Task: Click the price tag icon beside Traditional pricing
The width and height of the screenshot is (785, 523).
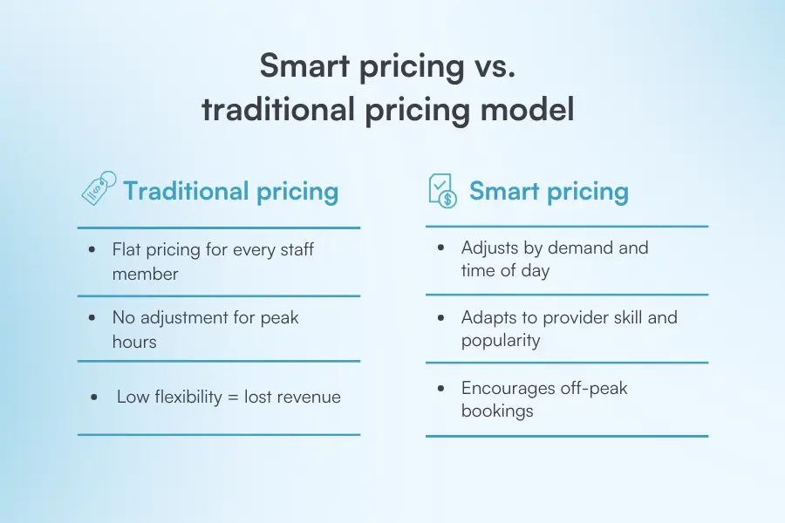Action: click(x=98, y=188)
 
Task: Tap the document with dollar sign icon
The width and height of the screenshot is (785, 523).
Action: click(x=443, y=190)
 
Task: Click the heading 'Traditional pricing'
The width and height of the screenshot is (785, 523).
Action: click(x=230, y=191)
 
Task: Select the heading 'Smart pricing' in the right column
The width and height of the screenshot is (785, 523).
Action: click(x=549, y=191)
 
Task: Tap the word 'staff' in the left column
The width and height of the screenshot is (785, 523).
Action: click(x=294, y=249)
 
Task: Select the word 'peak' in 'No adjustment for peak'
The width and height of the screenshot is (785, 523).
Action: click(x=278, y=317)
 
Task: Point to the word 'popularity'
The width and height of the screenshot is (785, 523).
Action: click(x=502, y=340)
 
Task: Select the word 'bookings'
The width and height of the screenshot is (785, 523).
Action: click(x=497, y=410)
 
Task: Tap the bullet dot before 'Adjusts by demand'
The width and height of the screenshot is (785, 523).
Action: click(x=442, y=248)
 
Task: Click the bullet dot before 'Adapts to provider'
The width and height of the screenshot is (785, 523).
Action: click(x=442, y=318)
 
